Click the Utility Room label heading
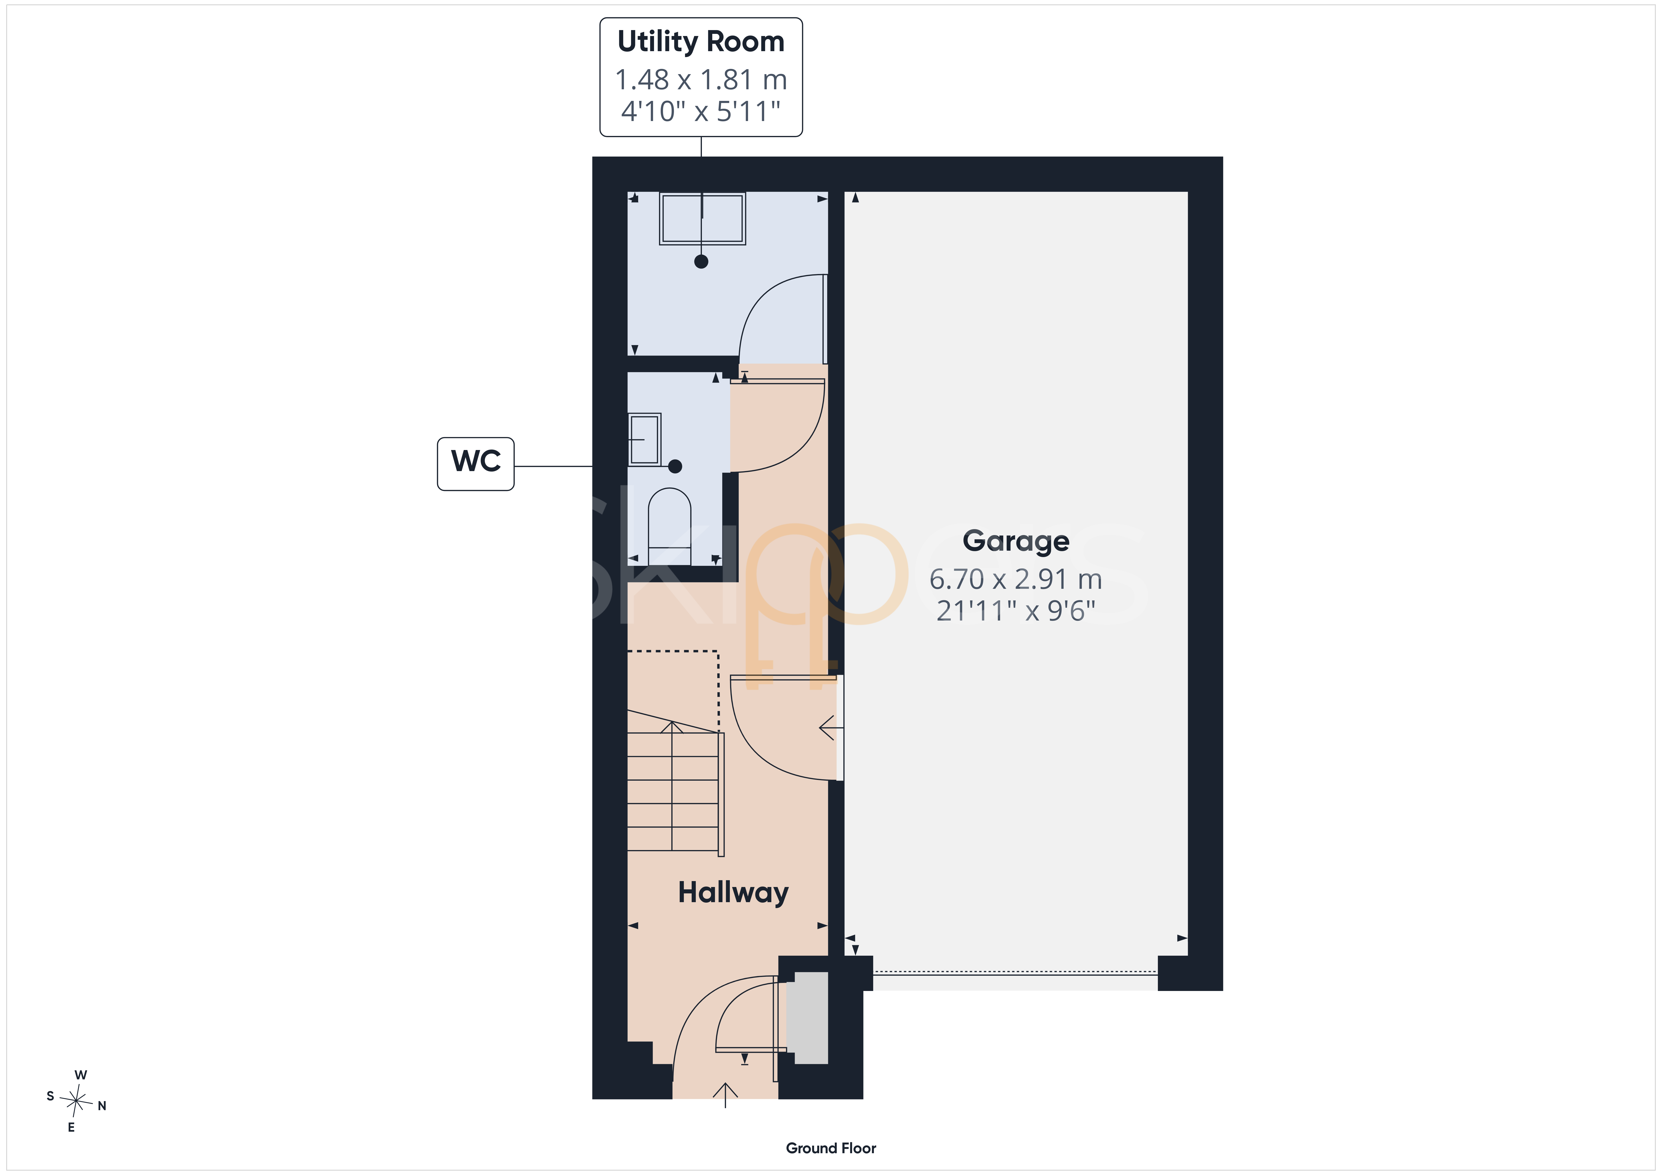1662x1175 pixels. click(701, 42)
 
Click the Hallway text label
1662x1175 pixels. click(733, 893)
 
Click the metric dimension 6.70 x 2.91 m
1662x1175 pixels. click(1016, 579)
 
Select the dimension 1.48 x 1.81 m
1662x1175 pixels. click(701, 80)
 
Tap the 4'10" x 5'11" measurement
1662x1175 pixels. click(701, 112)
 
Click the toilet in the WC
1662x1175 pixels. click(670, 526)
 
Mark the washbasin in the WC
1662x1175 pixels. click(644, 439)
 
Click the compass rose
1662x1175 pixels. click(76, 1101)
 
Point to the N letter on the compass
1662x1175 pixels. click(102, 1106)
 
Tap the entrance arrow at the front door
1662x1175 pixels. click(725, 1095)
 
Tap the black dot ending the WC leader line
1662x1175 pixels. click(675, 466)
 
